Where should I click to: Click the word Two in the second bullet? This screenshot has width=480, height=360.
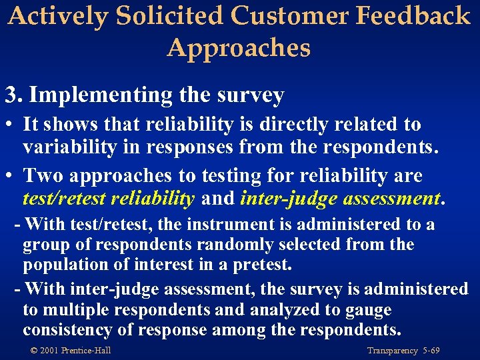tap(39, 176)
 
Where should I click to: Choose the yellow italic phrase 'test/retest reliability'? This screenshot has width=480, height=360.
tap(109, 199)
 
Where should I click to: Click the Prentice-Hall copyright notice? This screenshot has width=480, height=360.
tap(70, 351)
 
